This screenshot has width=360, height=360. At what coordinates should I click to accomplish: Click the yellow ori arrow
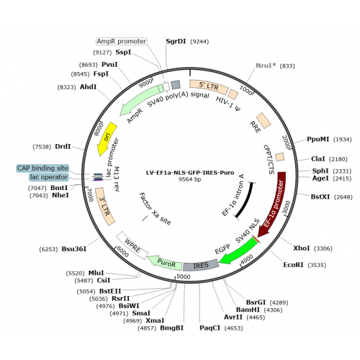click(x=107, y=139)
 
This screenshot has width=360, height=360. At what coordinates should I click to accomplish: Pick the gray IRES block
click(x=201, y=265)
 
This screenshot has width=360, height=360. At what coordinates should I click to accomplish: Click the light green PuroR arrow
click(x=166, y=264)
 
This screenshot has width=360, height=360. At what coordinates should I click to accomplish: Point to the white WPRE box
click(x=132, y=246)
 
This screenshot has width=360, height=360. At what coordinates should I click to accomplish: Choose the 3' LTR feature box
click(x=105, y=207)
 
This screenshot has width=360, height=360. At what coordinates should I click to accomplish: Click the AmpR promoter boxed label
click(x=122, y=42)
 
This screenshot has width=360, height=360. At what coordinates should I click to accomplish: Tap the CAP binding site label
click(x=42, y=168)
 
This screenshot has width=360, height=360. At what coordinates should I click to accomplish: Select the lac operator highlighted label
click(x=49, y=177)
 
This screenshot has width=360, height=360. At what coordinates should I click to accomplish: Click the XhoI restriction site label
click(x=302, y=248)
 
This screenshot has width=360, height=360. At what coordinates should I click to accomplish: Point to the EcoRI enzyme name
click(x=294, y=265)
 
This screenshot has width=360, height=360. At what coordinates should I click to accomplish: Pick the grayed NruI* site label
click(x=266, y=66)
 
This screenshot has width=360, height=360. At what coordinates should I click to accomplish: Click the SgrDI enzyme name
click(x=176, y=41)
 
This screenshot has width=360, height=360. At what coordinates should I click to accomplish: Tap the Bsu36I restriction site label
click(x=74, y=249)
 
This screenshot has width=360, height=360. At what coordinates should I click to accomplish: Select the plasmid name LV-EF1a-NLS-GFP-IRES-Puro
click(x=190, y=173)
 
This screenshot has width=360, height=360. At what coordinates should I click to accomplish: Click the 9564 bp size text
click(x=190, y=179)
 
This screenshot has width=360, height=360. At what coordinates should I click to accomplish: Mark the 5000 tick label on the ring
click(x=184, y=276)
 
